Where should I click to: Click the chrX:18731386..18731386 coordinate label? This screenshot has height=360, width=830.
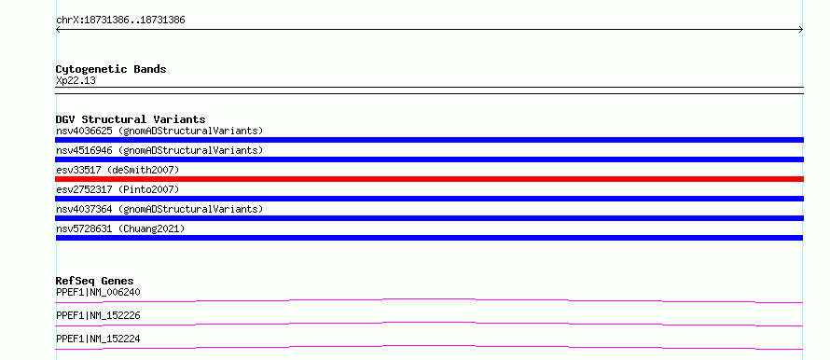pos(120,21)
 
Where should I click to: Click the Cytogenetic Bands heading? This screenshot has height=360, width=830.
pos(111,69)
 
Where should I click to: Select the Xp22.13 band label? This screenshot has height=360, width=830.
pos(76,81)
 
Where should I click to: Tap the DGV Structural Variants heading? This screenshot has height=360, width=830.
pos(131,119)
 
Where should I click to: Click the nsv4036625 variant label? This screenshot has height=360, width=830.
pos(159,131)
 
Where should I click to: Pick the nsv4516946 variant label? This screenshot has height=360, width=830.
pos(159,150)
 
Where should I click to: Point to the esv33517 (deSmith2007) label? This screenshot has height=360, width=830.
pos(118,170)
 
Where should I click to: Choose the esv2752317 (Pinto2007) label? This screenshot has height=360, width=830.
pos(118,189)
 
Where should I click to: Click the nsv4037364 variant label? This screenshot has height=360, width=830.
pos(159,209)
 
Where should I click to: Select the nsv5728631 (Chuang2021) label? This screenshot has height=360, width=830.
pos(120,228)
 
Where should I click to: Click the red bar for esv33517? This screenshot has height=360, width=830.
pos(429,179)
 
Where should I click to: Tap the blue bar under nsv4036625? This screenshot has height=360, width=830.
pos(429,140)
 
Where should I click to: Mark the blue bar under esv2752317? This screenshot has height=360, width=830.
pos(429,199)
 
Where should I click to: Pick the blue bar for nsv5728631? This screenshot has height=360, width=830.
pos(429,238)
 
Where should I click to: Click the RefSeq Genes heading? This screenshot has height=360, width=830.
pos(95,281)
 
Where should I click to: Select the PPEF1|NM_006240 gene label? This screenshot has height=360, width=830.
pos(98,292)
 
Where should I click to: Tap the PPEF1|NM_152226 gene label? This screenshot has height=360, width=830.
pos(98,315)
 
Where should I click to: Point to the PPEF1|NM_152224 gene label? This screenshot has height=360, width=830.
pos(98,339)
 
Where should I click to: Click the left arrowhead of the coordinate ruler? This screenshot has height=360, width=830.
pos(57,30)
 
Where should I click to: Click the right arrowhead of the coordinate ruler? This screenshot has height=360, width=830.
pos(802,30)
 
